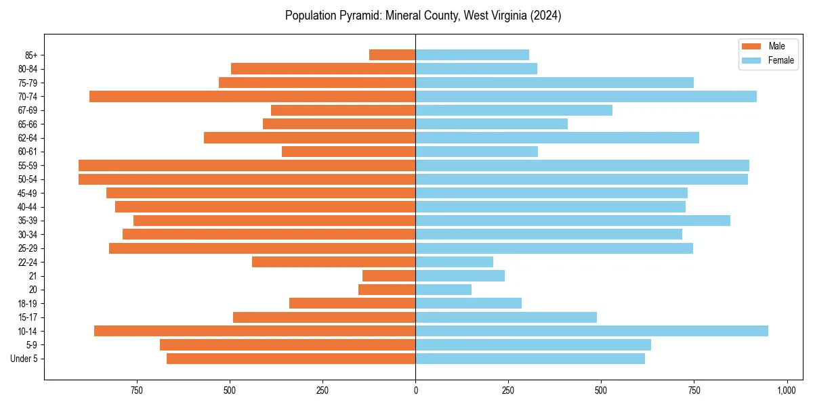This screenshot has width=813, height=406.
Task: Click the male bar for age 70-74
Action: click(252, 96)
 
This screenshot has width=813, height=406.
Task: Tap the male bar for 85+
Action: click(392, 55)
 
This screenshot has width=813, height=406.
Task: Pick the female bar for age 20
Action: click(443, 290)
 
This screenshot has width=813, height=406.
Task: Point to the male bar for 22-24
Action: click(333, 262)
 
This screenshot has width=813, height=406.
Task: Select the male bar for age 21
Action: click(389, 275)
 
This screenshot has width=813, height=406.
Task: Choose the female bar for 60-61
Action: click(476, 152)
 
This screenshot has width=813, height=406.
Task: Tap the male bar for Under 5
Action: click(291, 359)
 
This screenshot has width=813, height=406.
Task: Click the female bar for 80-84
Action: click(476, 68)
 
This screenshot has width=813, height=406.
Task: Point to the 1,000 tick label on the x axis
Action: click(786, 390)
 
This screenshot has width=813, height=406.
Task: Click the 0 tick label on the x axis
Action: click(415, 390)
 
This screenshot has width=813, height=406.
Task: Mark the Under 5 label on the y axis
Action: click(24, 359)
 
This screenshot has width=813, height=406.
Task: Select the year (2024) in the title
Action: click(542, 15)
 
